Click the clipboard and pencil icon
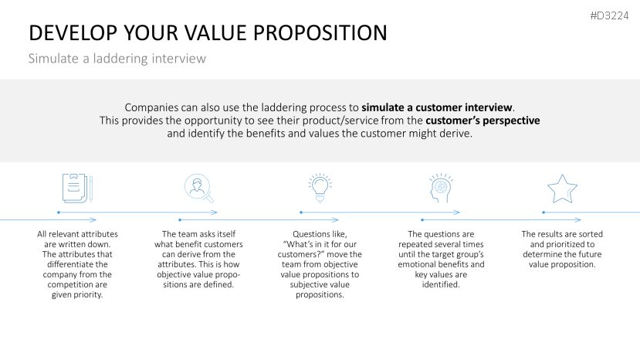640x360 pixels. click(77, 188)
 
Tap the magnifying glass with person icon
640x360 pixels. click(198, 188)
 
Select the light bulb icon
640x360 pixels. click(320, 188)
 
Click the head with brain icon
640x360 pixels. click(441, 188)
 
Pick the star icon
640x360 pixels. click(562, 188)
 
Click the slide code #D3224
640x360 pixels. click(609, 16)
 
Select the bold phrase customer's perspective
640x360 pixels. click(483, 121)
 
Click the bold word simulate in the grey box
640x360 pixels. click(382, 107)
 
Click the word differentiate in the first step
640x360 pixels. click(77, 264)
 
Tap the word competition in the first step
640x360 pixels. click(77, 285)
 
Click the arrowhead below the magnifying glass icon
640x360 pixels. click(215, 212)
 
